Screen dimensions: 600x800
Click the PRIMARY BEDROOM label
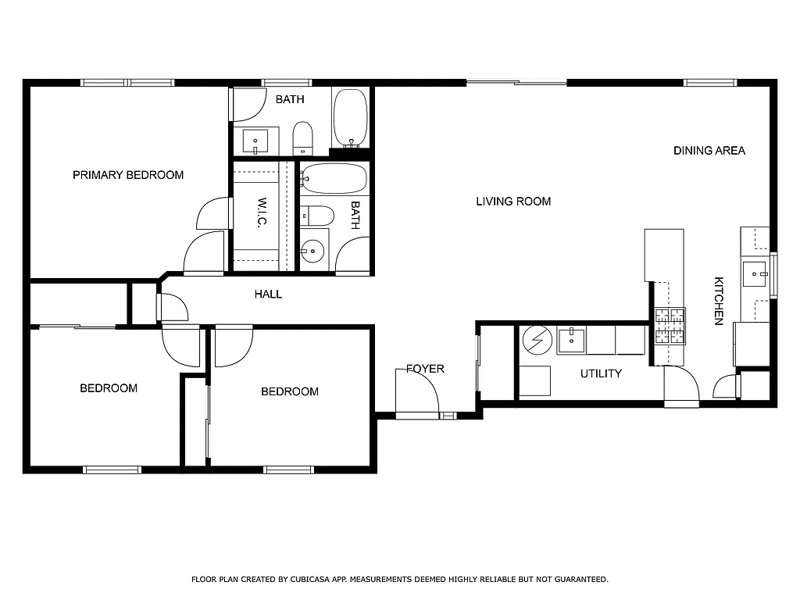128,175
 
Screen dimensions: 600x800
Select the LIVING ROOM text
513,202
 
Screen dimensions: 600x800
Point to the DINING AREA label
709,151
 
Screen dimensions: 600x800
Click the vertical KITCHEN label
719,301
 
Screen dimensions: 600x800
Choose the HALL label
268,295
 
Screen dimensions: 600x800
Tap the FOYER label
425,369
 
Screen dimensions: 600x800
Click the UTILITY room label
601,373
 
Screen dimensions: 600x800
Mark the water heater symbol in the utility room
536,341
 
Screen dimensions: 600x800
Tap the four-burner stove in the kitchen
670,327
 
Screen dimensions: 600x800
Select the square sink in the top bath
255,141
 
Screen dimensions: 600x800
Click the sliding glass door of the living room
516,82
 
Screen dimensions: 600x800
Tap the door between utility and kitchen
681,387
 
